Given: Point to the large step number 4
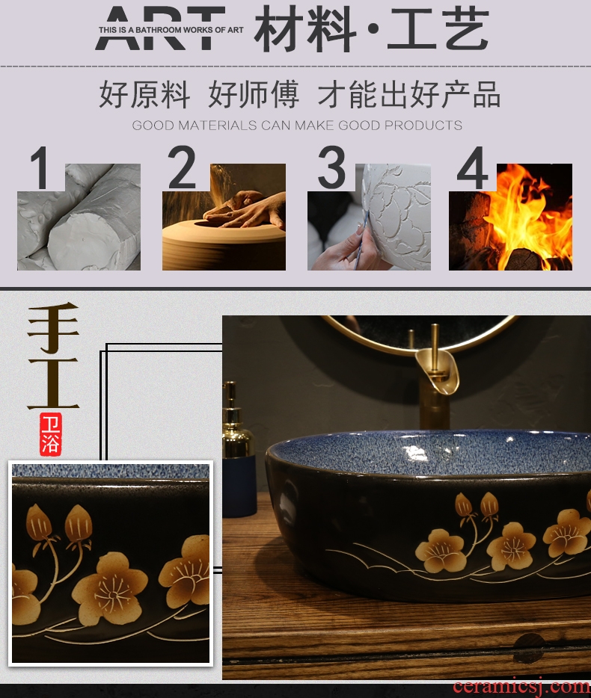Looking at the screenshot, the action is (473, 168).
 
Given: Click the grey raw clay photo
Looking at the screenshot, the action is (79, 217).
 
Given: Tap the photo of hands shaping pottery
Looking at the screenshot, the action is (224, 217).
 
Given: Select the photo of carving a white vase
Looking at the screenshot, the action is (369, 217).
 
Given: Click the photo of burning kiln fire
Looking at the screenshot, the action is (510, 217).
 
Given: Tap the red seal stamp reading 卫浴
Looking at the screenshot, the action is (50, 434).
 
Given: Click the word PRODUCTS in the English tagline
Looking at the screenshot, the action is (423, 126).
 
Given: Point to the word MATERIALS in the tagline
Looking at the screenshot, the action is (218, 126).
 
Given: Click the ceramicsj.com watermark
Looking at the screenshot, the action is (521, 687).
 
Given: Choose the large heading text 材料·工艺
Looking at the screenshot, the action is (372, 29).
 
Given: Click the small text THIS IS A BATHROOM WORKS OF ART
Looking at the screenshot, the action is (171, 30).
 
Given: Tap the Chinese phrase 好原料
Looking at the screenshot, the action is (144, 94).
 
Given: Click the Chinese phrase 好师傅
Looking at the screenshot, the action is (254, 94).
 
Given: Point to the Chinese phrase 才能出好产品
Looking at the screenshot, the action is (409, 94).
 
